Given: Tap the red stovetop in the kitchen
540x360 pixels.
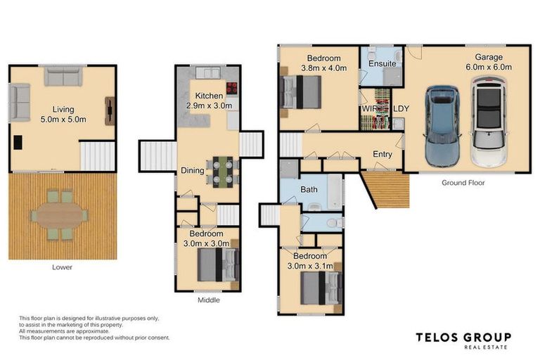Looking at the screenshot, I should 231,89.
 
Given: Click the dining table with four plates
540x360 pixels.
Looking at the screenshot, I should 221,170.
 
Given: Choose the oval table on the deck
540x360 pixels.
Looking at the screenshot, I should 60,212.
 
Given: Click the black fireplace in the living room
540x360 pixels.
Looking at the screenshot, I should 18,143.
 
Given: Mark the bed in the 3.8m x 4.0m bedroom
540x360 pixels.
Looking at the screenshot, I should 302,92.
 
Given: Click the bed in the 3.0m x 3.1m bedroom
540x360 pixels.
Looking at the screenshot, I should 321,288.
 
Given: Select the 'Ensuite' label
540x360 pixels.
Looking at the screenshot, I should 382,64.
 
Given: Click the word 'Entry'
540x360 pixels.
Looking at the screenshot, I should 382,154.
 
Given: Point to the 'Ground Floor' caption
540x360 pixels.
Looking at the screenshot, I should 463,183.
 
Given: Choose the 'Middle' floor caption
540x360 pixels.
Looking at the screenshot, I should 209,300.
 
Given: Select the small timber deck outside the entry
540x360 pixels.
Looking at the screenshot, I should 391,190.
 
